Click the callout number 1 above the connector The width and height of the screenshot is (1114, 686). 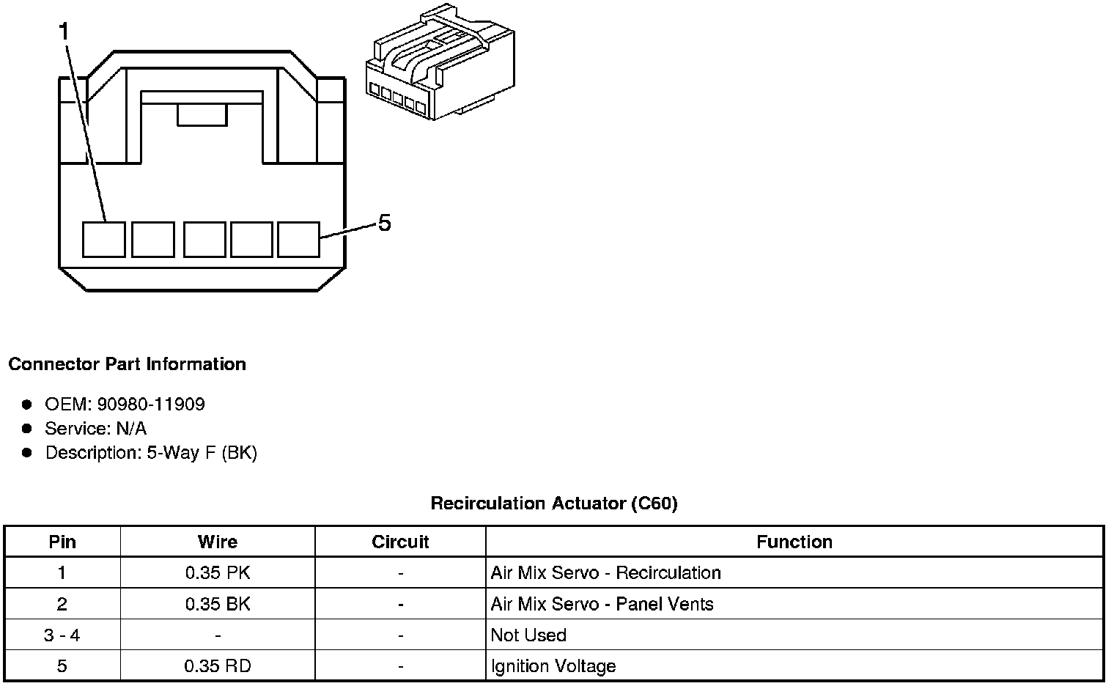coord(64,32)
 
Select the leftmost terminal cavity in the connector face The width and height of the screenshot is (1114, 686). coord(103,240)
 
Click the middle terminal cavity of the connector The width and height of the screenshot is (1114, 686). coord(204,240)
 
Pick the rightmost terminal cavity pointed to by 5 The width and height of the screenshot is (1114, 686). coord(298,240)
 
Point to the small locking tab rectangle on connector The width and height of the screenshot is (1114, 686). coord(202,115)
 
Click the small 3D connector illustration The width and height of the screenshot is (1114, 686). coord(440,62)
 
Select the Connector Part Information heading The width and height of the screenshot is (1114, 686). coord(128,364)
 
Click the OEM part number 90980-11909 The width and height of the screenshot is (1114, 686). coord(151,404)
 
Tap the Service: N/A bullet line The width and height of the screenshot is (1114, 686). coord(95,428)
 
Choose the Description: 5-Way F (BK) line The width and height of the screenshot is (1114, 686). coord(151,453)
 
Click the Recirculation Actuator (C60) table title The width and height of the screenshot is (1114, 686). coord(554,504)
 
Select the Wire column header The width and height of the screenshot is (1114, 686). coord(218,542)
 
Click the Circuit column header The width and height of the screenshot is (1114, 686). coord(400,542)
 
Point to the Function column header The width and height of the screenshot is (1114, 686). coord(794,542)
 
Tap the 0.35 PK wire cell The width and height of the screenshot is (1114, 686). coord(218,572)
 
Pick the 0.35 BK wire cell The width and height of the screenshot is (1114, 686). coord(218,604)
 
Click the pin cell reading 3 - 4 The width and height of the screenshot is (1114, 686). coord(62,635)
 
